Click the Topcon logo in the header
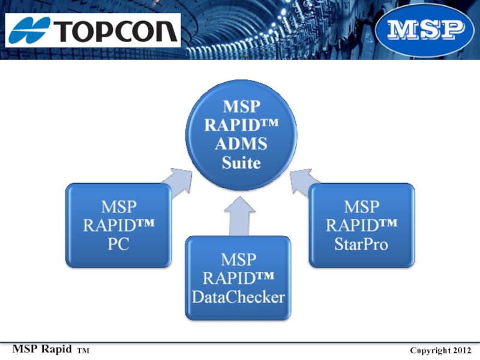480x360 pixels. pos(93,31)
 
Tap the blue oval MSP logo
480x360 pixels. pos(425,30)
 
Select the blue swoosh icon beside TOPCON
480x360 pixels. pos(29,31)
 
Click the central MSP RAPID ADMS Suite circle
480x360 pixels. pos(241,135)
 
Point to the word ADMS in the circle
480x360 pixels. pos(241,143)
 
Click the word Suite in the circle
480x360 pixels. pos(241,163)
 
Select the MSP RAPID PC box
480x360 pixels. pos(118,226)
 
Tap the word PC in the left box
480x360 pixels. pos(118,244)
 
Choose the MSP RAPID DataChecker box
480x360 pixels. pos(238,278)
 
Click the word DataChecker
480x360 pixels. pos(238,297)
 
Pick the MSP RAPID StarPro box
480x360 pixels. pos(362,226)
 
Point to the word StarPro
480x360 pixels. pos(361,244)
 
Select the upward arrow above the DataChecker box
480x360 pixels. pos(239,217)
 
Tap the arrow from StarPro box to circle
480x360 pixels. pos(304,182)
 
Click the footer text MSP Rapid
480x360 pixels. pos(42,349)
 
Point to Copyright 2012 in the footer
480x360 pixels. pos(440,350)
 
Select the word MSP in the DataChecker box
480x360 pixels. pos(238,260)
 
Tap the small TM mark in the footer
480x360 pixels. pos(83,351)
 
